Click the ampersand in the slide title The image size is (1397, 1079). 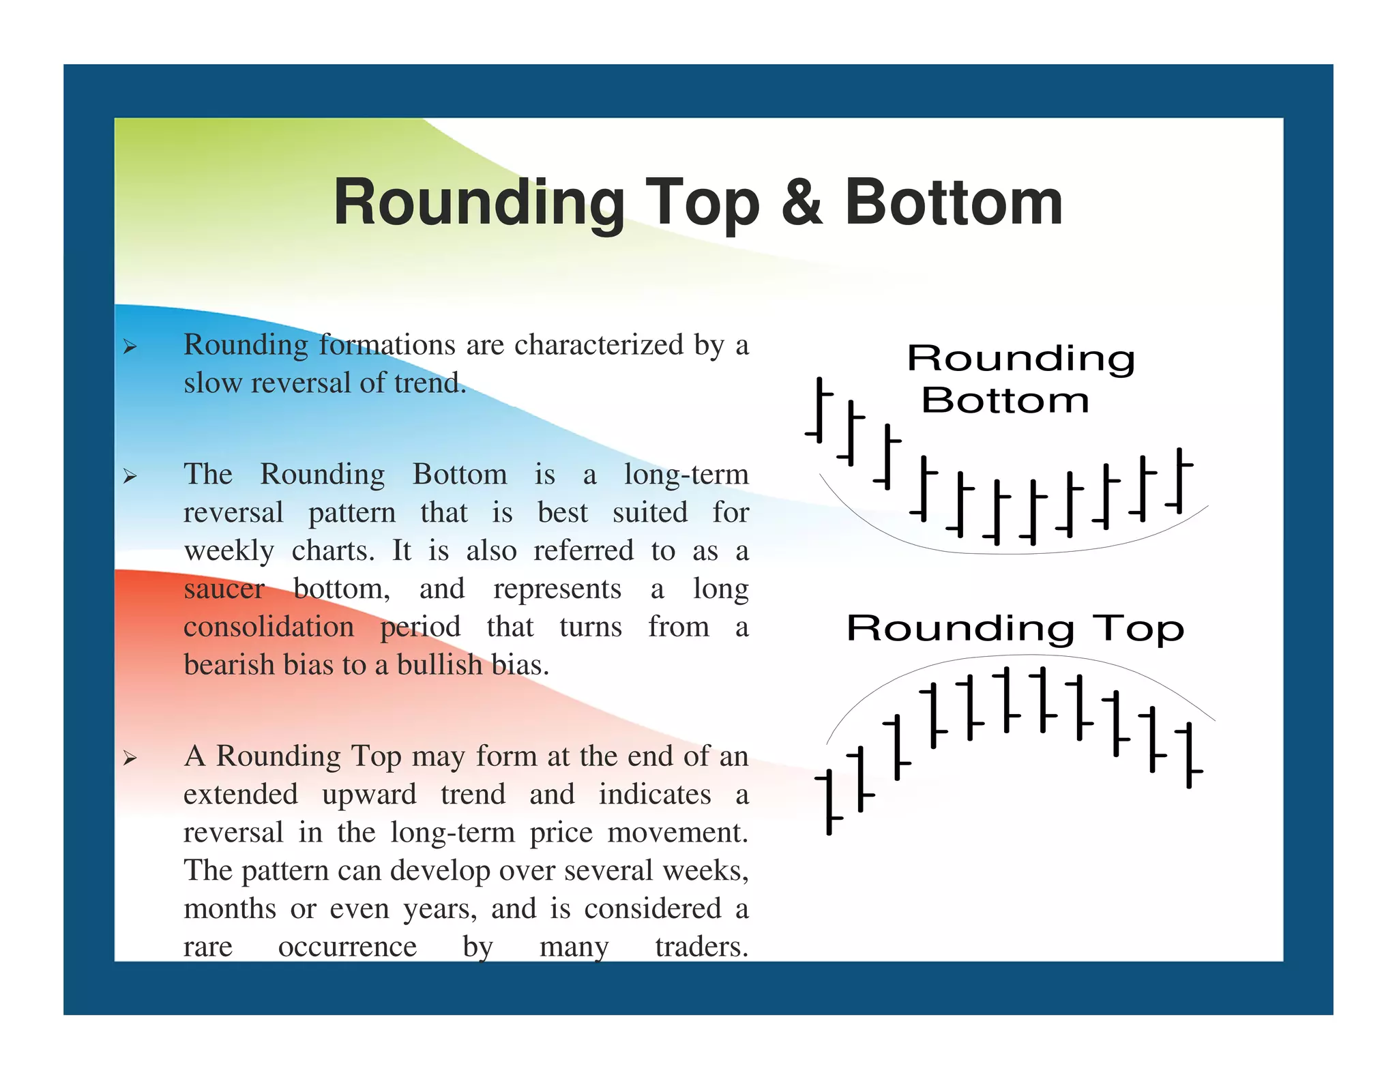(x=802, y=203)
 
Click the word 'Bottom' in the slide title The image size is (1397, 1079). (x=953, y=203)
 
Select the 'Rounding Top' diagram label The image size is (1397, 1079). (x=1015, y=628)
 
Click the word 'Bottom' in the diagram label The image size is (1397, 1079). (x=1005, y=400)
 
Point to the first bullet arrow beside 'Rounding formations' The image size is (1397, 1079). (x=130, y=348)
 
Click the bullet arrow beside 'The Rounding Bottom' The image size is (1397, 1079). (x=130, y=477)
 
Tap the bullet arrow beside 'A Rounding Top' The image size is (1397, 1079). (x=130, y=758)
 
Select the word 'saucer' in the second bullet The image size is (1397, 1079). (x=224, y=589)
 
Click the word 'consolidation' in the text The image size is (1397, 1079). (x=269, y=627)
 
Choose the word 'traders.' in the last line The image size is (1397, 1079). (x=701, y=947)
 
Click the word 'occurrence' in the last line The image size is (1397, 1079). (x=347, y=947)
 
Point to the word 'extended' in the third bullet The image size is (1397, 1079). (x=241, y=795)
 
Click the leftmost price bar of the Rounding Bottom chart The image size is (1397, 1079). (x=819, y=410)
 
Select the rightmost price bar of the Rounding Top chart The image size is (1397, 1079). (x=1189, y=755)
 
